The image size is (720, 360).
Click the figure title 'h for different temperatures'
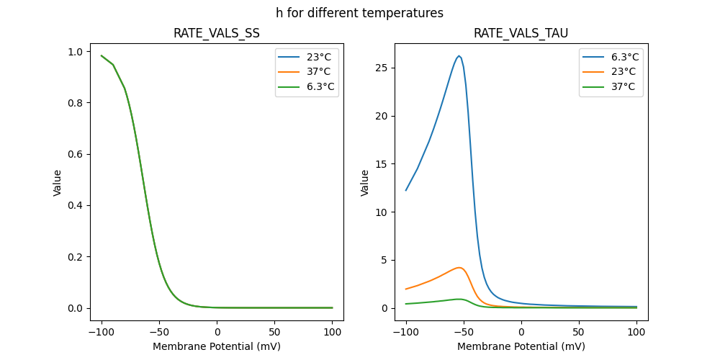[x=359, y=13]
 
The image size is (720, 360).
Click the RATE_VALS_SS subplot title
[x=217, y=34]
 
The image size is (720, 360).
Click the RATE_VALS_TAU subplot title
[x=521, y=34]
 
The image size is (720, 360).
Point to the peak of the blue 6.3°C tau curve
[x=459, y=56]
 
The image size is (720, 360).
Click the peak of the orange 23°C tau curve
[x=459, y=268]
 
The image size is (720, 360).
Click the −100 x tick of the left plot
[x=102, y=332]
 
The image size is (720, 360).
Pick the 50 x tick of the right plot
[x=579, y=332]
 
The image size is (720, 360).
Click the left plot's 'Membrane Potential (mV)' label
[x=217, y=346]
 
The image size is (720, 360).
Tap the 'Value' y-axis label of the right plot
[x=365, y=183]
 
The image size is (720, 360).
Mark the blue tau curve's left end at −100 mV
[x=406, y=190]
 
